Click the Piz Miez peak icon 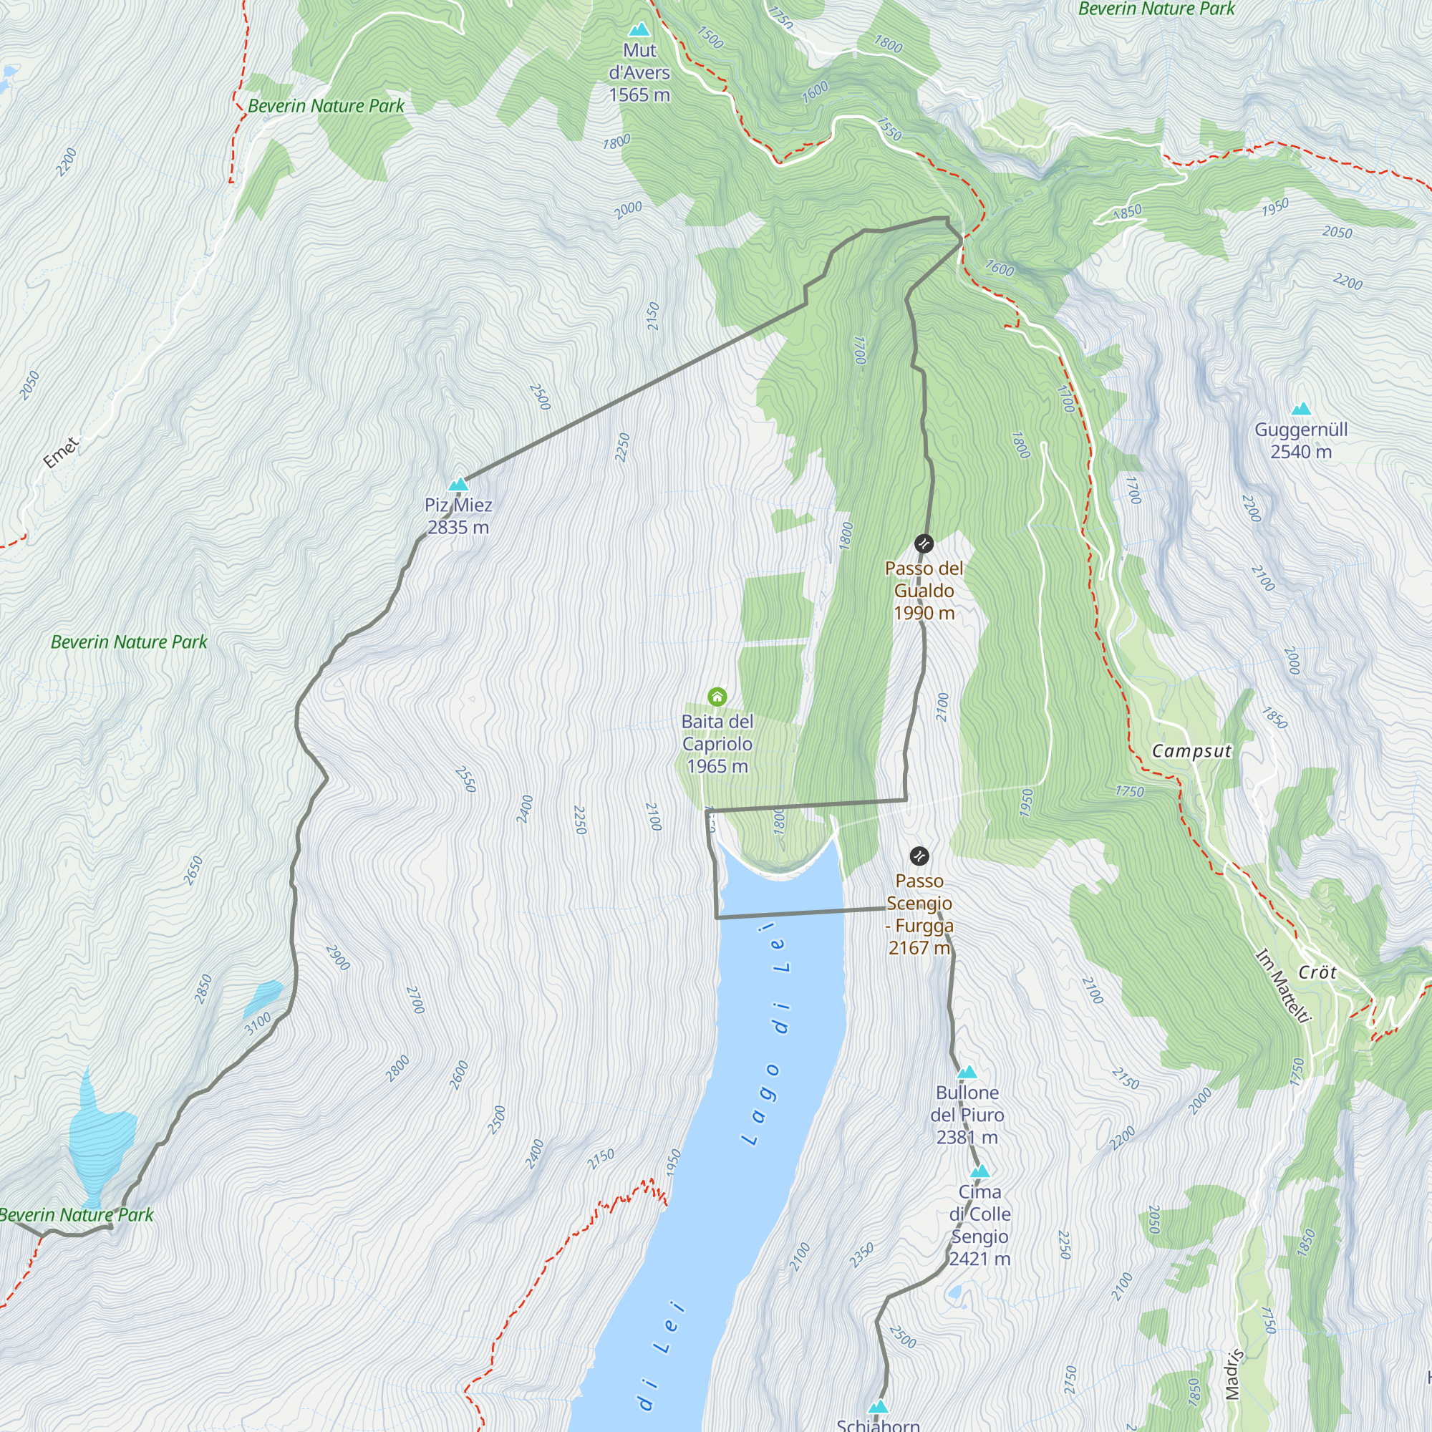tap(458, 485)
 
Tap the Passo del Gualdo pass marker tap(924, 543)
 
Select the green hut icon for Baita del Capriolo tap(717, 697)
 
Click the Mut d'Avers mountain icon tap(639, 29)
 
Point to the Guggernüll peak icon tap(1301, 408)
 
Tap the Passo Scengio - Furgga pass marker tap(919, 856)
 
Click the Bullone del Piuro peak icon tap(967, 1073)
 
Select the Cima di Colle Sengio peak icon tap(980, 1171)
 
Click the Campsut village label tap(1191, 751)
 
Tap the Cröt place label tap(1317, 972)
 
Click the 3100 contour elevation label tap(258, 1024)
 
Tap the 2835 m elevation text tap(458, 528)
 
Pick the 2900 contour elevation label tap(338, 957)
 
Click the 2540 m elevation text tap(1301, 452)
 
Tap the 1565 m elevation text tap(639, 95)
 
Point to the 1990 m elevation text tap(924, 613)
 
